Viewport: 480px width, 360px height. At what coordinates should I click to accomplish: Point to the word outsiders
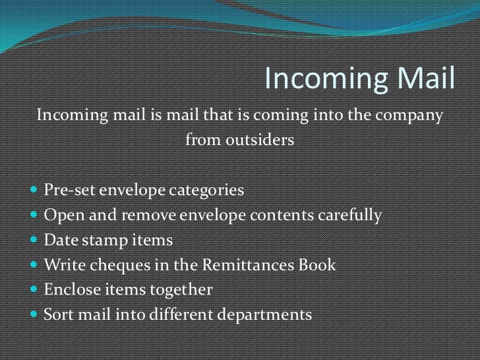point(239,140)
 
